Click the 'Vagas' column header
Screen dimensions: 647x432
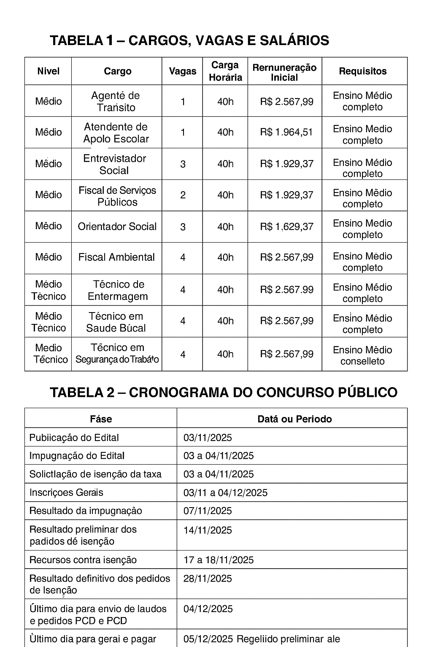(182, 71)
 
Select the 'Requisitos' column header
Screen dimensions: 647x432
(362, 71)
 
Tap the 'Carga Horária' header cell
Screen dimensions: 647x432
(225, 71)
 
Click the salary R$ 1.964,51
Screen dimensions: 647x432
(286, 132)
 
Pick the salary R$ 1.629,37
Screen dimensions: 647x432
(286, 227)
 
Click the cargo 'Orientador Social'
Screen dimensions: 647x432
(117, 227)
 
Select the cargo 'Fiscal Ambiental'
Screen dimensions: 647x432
(116, 257)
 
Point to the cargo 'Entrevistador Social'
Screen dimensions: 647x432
(114, 164)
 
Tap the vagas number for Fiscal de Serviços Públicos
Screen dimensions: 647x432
(183, 195)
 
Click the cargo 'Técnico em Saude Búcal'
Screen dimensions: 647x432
(116, 322)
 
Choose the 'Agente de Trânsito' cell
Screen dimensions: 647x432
(116, 102)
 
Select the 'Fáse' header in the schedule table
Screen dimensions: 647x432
(101, 419)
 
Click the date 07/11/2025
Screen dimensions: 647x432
(208, 511)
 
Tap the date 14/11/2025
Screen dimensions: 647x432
(208, 530)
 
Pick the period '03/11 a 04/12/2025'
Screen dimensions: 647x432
(225, 493)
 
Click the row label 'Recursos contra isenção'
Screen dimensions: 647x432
(83, 560)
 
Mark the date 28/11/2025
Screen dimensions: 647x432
(208, 579)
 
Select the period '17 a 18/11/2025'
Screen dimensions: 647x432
(219, 560)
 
